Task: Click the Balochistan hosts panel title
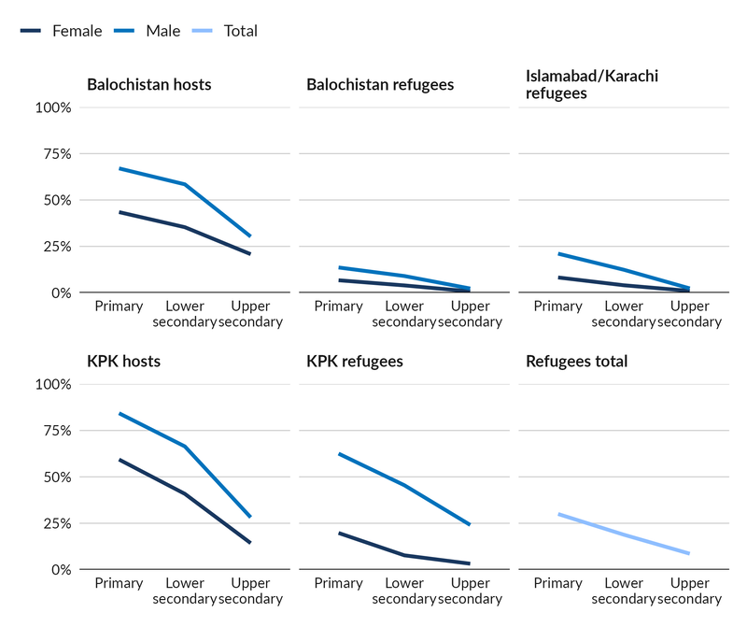(x=148, y=85)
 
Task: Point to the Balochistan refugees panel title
(x=380, y=85)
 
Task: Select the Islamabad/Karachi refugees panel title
(x=592, y=84)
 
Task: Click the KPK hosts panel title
(x=123, y=362)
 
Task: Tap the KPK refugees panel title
(x=355, y=362)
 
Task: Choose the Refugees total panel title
(x=576, y=362)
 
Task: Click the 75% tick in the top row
(x=53, y=154)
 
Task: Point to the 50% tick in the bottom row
(x=53, y=477)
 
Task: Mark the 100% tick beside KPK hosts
(x=52, y=384)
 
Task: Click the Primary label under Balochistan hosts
(x=119, y=306)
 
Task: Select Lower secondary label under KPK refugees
(x=404, y=591)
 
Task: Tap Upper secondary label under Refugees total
(x=689, y=591)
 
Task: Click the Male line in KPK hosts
(x=152, y=430)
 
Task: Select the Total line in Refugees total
(x=624, y=534)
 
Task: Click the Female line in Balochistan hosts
(x=152, y=220)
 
